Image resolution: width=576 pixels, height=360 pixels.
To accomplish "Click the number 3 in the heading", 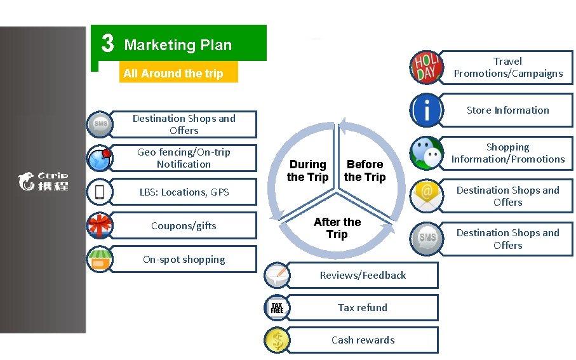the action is [x=108, y=44].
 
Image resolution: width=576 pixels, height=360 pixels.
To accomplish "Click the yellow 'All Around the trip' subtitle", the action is [x=173, y=74].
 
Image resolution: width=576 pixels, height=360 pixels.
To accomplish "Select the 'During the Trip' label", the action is [x=307, y=171].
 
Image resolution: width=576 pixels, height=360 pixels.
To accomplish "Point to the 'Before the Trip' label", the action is [x=365, y=171].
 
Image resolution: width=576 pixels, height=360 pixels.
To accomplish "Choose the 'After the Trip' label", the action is [x=337, y=228].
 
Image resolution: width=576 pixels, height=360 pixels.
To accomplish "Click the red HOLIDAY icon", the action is [x=425, y=67].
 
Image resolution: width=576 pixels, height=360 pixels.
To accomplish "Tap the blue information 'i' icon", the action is [x=426, y=110].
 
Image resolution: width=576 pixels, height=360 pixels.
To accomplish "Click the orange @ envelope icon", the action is [x=425, y=196].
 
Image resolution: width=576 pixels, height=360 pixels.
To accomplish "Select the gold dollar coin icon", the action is [x=277, y=340].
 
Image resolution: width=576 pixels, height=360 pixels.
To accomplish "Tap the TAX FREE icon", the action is [x=277, y=308].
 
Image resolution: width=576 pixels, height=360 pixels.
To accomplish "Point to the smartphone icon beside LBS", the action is [x=100, y=192].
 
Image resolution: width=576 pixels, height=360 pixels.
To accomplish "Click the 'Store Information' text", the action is [x=507, y=110].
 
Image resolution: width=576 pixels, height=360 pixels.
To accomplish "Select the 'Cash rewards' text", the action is [x=363, y=340].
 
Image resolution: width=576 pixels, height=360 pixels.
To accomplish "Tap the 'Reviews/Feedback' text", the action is [x=363, y=276].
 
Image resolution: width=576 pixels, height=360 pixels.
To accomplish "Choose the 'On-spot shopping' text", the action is [x=184, y=260].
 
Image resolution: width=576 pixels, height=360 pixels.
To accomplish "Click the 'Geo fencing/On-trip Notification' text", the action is [x=184, y=158].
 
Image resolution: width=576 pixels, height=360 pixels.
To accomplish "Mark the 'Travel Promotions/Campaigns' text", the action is [x=507, y=67].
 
